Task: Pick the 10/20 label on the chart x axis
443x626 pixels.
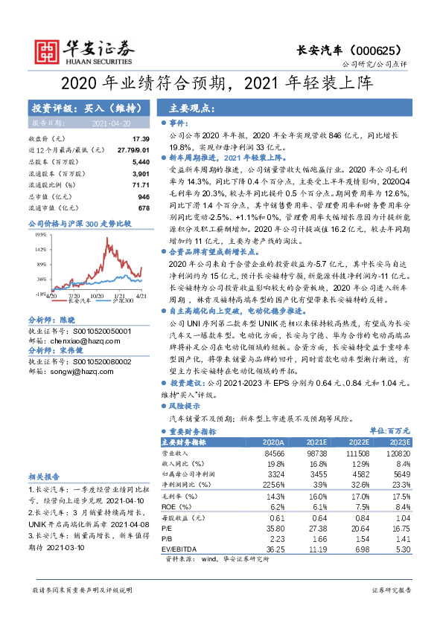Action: coord(96,296)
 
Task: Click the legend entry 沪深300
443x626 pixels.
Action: coord(121,303)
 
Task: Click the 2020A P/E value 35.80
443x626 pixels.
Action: coord(275,527)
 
